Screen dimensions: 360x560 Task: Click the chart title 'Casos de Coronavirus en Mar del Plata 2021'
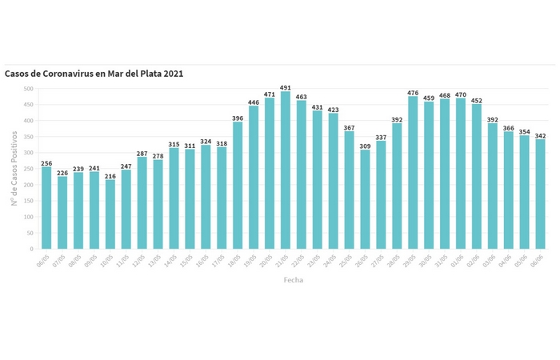94,74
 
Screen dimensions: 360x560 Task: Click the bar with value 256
46,208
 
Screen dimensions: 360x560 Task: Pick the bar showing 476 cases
413,173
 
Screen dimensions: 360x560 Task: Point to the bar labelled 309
365,199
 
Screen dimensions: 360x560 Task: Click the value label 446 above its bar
254,102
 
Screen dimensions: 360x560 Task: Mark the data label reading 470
461,94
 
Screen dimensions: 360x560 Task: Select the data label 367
349,127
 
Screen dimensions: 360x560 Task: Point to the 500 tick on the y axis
29,89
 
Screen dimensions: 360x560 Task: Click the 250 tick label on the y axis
29,169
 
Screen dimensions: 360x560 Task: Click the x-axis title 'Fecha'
294,281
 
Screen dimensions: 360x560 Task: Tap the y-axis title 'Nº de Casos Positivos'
14,168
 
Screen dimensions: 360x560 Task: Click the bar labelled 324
206,197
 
